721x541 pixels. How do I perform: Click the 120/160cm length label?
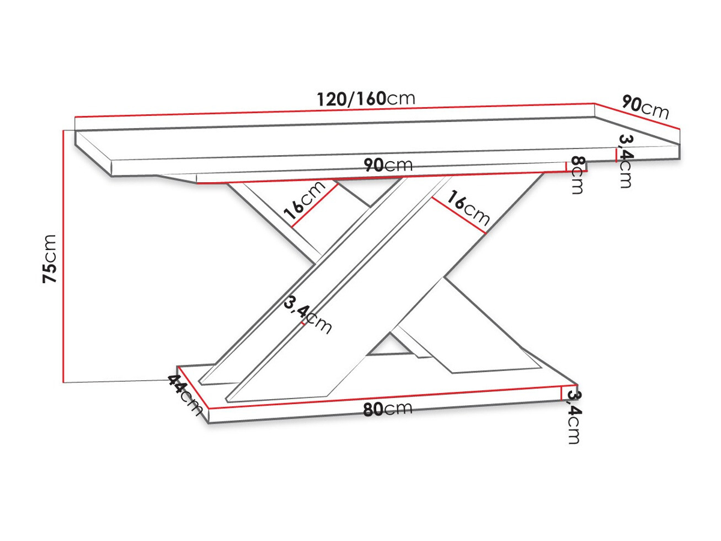tap(366, 99)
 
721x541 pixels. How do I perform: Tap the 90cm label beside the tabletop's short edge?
tap(645, 107)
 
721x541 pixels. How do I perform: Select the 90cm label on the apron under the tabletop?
tap(388, 165)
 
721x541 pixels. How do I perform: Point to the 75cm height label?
tap(49, 258)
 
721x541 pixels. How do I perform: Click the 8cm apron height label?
tap(579, 175)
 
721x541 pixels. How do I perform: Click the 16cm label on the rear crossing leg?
tap(305, 200)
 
